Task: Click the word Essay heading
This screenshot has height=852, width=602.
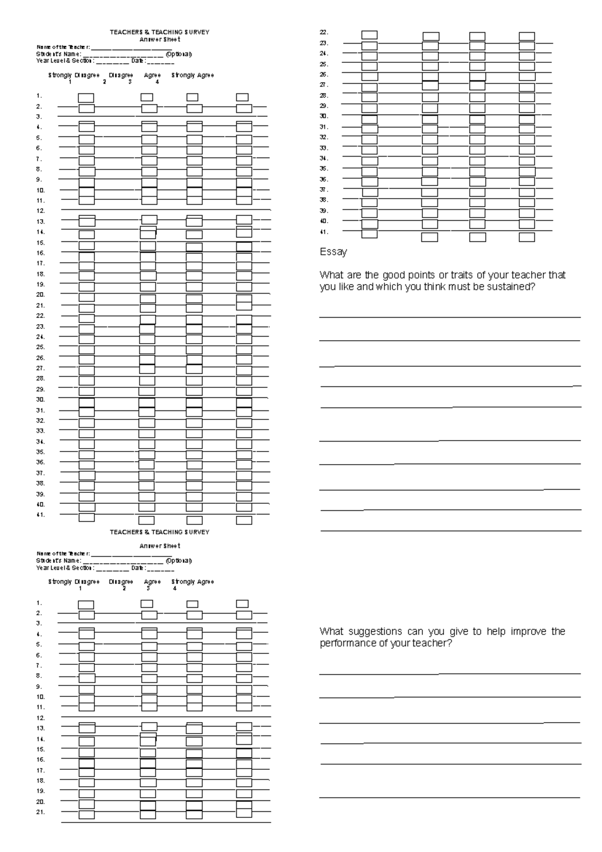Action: (x=333, y=252)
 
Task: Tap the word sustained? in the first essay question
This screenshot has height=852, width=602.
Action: (x=511, y=287)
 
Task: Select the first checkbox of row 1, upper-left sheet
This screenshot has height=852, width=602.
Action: (x=86, y=97)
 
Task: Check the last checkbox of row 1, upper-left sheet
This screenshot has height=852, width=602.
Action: (x=243, y=97)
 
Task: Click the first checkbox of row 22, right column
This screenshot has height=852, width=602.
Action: (x=369, y=35)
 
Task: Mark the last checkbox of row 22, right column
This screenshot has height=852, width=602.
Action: (x=527, y=36)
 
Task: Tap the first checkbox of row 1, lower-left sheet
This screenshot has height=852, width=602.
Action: (x=86, y=605)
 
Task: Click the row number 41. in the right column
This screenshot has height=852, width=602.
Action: (x=324, y=232)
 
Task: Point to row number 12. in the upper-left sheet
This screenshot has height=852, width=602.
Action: (x=41, y=211)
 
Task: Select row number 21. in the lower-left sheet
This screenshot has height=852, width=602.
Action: (x=41, y=812)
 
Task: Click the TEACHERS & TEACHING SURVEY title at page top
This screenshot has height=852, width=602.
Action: (x=160, y=32)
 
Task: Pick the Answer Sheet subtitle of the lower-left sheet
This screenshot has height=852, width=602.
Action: (x=160, y=546)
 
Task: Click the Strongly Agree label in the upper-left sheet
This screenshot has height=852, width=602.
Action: (x=193, y=75)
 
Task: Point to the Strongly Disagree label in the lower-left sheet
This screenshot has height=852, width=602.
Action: (x=74, y=582)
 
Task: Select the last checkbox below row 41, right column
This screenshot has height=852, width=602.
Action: (x=527, y=237)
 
